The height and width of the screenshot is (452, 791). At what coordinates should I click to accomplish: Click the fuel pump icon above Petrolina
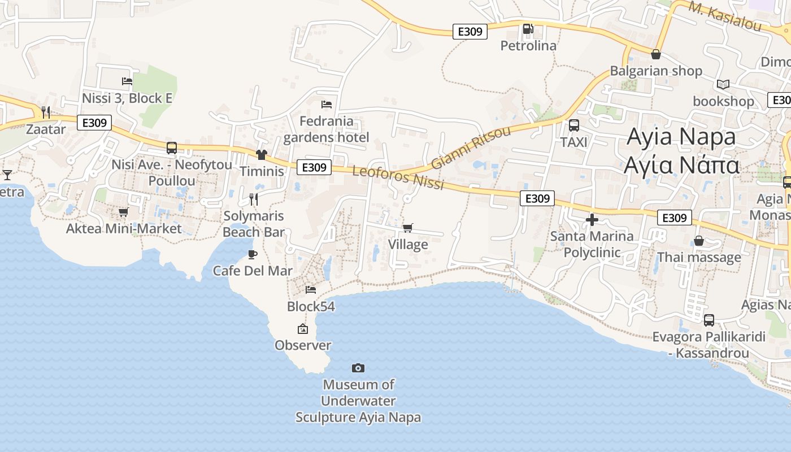pos(528,28)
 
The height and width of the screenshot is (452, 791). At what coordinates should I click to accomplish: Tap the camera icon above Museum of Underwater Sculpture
pos(358,368)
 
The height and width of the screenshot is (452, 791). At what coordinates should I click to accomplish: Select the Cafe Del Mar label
pos(253,271)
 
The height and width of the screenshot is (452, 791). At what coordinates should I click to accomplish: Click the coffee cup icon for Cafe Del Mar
pos(253,254)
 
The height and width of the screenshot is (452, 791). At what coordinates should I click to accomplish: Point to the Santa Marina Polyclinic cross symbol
pos(592,219)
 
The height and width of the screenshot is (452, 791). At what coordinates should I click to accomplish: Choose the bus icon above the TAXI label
pos(574,125)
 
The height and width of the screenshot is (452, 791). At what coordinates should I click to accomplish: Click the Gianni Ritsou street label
pos(471,147)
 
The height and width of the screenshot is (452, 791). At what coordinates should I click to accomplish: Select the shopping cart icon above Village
pos(407,228)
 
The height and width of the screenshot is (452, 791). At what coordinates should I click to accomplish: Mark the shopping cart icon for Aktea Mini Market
pos(123,212)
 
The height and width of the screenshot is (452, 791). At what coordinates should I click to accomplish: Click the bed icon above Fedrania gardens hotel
pos(326,105)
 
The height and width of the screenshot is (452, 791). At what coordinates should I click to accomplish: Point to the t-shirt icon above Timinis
pos(261,154)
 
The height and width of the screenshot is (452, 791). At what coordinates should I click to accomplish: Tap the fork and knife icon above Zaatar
pos(46,112)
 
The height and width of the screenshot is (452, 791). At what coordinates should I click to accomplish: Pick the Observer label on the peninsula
pos(303,345)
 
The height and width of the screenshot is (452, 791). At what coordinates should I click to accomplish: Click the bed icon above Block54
pos(310,290)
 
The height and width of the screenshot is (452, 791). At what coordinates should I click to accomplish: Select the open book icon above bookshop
pos(723,85)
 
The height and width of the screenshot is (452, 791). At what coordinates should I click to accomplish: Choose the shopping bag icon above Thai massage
pos(699,241)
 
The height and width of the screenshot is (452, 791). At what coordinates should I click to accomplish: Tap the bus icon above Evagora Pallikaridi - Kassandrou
pos(709,320)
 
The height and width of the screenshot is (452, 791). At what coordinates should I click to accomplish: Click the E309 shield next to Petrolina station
pos(470,32)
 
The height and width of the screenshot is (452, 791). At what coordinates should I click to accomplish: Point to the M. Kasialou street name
pos(725,16)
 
